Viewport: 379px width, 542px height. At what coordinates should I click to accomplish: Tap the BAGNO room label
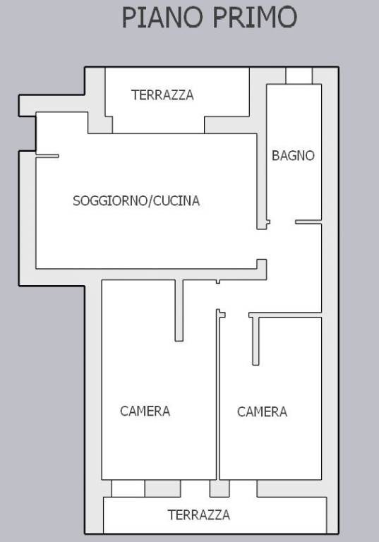293,155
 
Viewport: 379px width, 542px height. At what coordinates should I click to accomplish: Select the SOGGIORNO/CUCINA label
136,200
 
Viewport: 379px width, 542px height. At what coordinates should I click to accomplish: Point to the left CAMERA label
145,411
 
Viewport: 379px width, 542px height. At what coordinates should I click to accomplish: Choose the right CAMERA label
262,411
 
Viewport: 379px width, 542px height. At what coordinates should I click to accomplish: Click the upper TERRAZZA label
162,95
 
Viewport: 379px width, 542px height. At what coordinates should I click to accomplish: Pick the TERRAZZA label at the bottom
198,514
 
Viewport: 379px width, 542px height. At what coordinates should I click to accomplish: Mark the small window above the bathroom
299,76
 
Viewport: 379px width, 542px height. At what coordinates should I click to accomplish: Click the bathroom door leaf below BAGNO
308,222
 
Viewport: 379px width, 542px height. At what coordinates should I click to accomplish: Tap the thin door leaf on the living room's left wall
47,156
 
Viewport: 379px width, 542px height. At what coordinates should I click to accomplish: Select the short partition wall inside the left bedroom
179,310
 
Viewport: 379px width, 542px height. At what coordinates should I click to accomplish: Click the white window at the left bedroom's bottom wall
128,488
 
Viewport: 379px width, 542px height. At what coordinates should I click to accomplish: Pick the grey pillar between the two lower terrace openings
219,488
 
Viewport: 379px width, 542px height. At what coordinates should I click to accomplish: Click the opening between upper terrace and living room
158,126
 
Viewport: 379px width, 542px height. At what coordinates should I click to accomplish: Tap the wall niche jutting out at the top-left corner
27,105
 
